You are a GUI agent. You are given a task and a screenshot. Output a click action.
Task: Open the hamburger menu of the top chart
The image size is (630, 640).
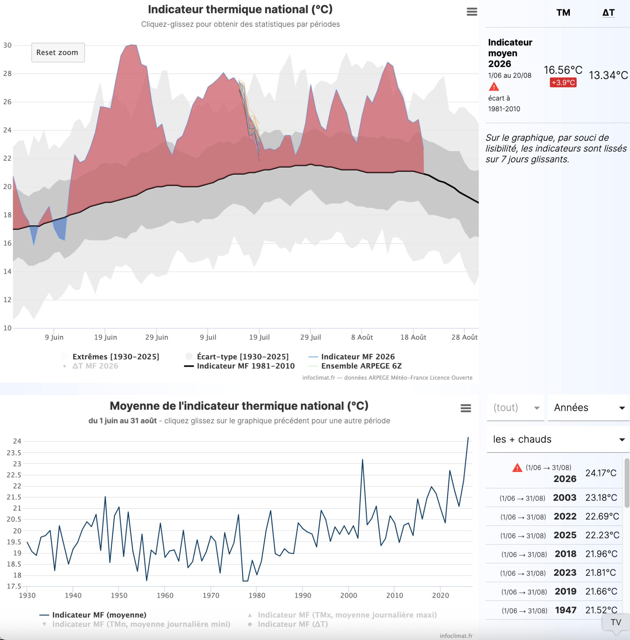472,12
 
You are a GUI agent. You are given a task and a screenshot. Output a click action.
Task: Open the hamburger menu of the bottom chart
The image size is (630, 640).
465,408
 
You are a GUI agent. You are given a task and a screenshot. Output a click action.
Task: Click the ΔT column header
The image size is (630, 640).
608,12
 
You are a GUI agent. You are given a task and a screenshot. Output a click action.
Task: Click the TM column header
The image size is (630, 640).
563,12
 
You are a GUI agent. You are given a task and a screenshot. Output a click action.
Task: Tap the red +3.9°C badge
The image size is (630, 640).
563,82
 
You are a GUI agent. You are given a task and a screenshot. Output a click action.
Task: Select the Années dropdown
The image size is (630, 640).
589,407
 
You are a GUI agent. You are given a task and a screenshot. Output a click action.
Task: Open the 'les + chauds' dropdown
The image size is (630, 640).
558,439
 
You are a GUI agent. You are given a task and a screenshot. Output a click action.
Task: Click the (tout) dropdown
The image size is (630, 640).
516,407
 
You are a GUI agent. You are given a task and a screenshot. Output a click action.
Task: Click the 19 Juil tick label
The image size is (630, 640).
259,337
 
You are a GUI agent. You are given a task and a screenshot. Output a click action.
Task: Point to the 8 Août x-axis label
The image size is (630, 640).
362,337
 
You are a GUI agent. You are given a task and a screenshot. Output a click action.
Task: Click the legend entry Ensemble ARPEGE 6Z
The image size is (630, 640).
355,366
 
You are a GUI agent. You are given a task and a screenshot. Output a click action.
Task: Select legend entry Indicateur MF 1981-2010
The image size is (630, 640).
239,366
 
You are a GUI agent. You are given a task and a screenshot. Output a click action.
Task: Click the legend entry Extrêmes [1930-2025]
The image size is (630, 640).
110,357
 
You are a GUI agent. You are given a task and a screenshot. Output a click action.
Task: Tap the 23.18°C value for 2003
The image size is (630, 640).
601,497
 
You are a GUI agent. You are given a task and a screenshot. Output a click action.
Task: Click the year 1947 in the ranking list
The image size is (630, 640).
566,610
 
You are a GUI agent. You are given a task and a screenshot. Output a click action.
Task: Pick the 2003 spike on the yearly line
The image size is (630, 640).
362,460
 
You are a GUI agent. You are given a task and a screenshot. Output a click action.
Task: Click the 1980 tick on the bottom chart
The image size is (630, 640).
257,595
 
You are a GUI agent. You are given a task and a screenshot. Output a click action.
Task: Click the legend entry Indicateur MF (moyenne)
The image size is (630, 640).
93,615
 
